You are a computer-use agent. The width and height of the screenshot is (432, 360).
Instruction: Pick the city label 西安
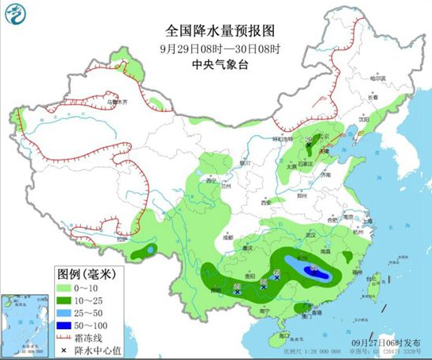pos(265,203)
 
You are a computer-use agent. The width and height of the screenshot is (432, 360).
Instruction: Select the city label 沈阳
pos(364,119)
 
